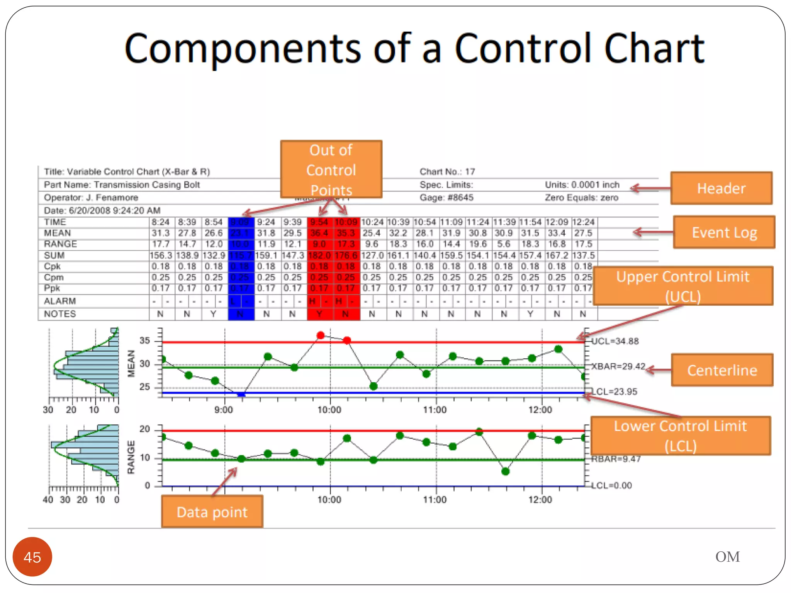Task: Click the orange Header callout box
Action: [x=721, y=188]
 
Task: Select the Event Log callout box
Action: [x=724, y=232]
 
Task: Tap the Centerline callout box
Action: [x=722, y=370]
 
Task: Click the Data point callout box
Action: [x=212, y=512]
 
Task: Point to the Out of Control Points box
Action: [x=331, y=169]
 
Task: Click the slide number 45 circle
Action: [x=32, y=557]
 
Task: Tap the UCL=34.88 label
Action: [x=615, y=341]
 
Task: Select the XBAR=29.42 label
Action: [x=618, y=366]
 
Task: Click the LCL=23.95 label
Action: [x=614, y=391]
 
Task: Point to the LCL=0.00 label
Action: [x=612, y=485]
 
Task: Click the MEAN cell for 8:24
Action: [x=161, y=233]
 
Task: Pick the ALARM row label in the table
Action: [x=60, y=301]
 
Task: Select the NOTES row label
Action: [x=60, y=314]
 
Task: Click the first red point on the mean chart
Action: [x=320, y=335]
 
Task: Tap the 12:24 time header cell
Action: [x=583, y=222]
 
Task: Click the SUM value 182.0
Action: [x=319, y=256]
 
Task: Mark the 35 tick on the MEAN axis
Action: [x=145, y=341]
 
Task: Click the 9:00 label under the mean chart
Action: [x=224, y=410]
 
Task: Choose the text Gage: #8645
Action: [x=446, y=198]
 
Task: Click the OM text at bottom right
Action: [x=727, y=557]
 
